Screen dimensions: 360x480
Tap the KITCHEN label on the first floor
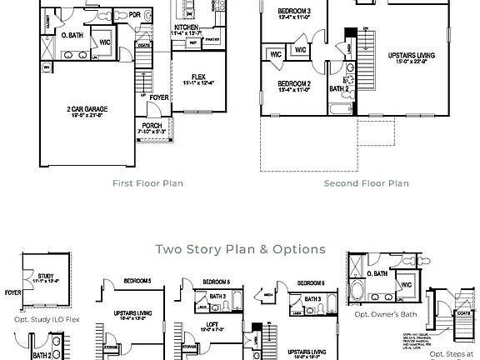click(x=186, y=27)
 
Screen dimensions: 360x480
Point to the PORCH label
click(x=152, y=126)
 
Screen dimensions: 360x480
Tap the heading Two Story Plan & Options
click(x=239, y=248)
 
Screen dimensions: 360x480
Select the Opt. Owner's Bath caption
click(x=384, y=314)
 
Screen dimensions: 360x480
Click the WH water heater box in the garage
click(x=47, y=67)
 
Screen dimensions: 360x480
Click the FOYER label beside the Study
click(x=12, y=293)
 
